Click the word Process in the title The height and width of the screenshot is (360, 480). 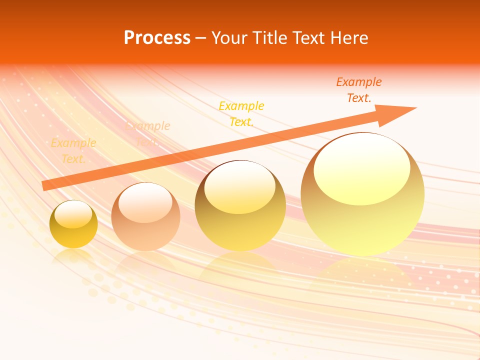pos(157,38)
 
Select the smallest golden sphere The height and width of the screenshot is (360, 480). pos(73,225)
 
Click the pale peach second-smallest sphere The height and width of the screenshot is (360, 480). pos(145,217)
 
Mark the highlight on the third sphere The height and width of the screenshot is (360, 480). pos(239,187)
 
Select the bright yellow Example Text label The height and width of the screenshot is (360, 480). pos(241,113)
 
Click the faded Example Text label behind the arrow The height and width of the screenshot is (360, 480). pos(147,133)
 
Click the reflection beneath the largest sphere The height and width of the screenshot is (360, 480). pos(362,272)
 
